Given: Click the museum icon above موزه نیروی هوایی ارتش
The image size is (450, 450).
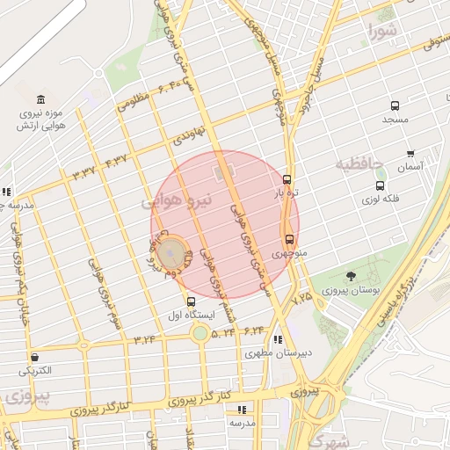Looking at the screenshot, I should point(40,99).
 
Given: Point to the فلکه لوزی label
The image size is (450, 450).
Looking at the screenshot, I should point(380,200).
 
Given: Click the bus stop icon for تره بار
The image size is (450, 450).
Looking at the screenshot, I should point(287,178).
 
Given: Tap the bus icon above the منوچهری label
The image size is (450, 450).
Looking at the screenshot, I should point(290,238).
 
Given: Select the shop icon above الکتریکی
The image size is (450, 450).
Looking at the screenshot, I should point(34,357).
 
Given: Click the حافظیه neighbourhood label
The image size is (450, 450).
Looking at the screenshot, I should point(359,163).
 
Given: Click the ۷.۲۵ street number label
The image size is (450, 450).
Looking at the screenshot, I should point(302,299).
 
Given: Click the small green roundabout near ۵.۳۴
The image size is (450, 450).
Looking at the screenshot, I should point(200,333).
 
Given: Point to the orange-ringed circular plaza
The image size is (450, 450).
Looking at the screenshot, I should point(173,254).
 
